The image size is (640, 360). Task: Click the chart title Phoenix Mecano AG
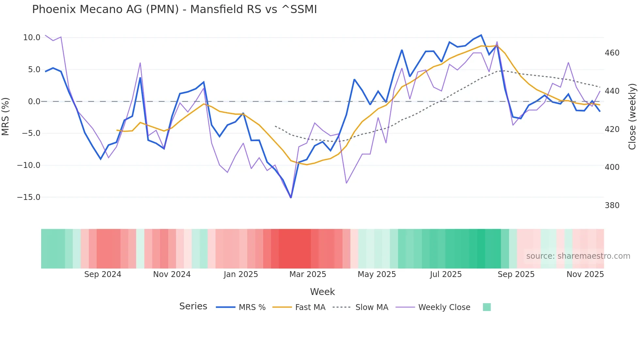174,9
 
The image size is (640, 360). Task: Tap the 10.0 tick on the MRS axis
32,38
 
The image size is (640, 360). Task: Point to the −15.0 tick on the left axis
29,197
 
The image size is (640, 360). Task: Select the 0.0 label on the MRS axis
34,102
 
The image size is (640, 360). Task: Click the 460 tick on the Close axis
612,53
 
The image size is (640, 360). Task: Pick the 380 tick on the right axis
612,205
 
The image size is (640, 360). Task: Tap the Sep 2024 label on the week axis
103,274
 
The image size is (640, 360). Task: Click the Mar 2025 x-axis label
308,274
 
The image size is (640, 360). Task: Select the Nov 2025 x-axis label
585,274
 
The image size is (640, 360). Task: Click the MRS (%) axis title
6,116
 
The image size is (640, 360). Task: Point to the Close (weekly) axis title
632,116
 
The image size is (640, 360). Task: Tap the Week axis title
322,292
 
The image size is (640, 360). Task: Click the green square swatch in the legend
487,307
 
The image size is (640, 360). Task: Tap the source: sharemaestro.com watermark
578,256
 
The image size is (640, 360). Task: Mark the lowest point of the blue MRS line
291,198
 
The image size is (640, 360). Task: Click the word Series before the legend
193,306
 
